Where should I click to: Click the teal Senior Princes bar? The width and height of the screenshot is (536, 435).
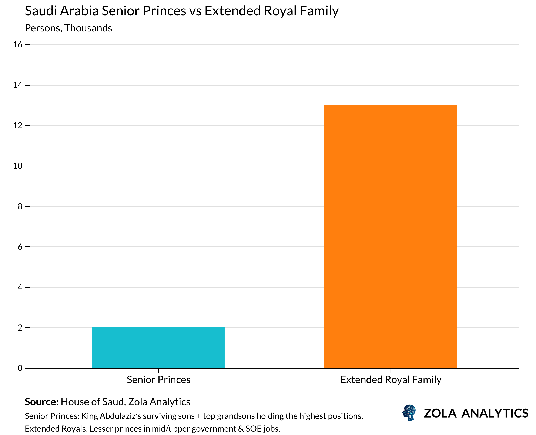(158, 348)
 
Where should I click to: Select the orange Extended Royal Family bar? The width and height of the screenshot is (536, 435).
(390, 236)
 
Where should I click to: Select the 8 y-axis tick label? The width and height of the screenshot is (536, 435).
(20, 206)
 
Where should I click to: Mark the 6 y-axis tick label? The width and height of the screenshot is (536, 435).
(20, 247)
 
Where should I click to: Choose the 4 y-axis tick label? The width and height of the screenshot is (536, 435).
(20, 287)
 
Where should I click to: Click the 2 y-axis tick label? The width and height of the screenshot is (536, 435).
(20, 328)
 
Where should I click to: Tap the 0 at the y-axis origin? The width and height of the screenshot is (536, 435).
(20, 368)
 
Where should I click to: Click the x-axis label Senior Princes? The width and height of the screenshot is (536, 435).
(158, 380)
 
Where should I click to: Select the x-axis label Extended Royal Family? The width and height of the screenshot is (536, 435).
(391, 380)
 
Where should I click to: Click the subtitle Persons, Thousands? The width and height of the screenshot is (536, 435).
(68, 28)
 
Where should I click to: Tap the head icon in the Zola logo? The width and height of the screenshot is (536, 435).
(409, 413)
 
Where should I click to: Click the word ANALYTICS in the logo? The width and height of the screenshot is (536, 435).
(495, 413)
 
